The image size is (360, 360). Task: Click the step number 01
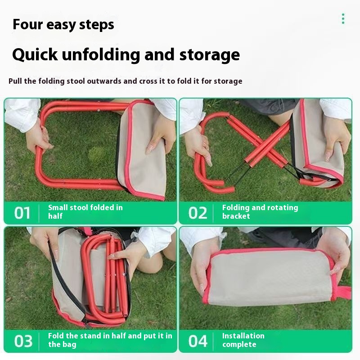[22, 213]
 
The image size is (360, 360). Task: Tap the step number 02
[198, 213]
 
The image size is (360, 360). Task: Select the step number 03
[23, 341]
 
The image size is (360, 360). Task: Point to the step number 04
[198, 341]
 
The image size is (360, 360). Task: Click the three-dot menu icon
[343, 18]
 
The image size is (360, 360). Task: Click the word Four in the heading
[28, 24]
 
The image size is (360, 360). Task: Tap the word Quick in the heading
[35, 54]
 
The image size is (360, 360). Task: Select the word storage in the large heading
[209, 55]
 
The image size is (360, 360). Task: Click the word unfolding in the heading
[101, 55]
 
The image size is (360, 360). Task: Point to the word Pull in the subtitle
[15, 81]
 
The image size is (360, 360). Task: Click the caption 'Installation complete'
[243, 340]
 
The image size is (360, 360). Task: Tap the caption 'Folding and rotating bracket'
[260, 211]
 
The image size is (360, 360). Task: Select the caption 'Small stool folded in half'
[85, 211]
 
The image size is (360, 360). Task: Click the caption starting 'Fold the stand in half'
[110, 340]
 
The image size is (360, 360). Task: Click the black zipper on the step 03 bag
[67, 283]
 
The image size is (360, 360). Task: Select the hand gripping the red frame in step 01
[38, 138]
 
